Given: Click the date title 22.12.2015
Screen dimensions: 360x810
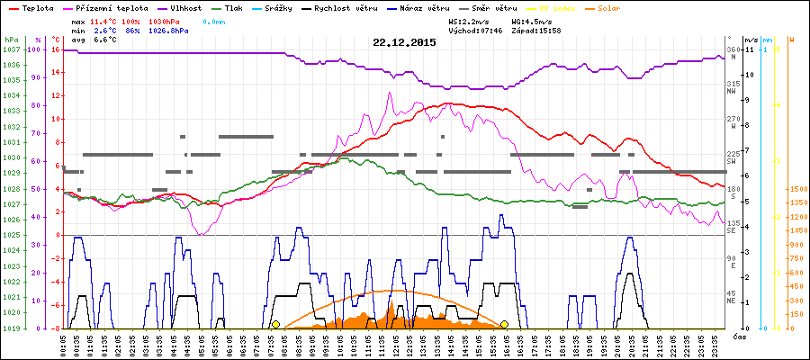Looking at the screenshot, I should [x=403, y=42].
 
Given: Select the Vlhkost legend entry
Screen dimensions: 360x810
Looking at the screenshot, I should [x=188, y=7].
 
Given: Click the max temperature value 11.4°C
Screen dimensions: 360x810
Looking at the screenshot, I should [x=103, y=20].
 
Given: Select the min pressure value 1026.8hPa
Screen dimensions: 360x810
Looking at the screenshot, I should [x=168, y=30].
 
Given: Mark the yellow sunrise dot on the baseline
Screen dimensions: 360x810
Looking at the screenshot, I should [x=276, y=324].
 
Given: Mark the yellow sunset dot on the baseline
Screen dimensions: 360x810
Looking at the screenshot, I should [x=505, y=324].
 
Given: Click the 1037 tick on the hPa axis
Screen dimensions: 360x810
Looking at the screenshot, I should [x=11, y=49].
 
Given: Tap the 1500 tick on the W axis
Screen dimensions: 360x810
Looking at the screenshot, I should [x=796, y=189].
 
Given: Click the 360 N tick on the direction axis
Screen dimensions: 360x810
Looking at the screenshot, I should [x=731, y=53].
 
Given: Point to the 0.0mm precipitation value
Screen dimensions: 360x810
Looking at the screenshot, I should [x=213, y=20].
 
